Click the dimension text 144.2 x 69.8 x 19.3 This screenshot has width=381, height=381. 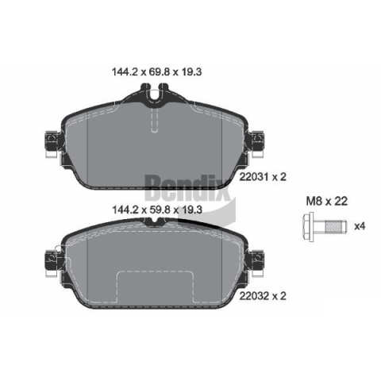157,71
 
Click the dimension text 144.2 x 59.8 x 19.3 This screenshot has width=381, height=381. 157,210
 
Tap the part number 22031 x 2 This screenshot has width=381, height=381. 263,177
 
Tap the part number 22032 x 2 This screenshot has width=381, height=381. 263,296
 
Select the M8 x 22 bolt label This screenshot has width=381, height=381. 327,202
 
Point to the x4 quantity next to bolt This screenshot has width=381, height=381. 360,226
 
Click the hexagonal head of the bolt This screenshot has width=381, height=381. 308,226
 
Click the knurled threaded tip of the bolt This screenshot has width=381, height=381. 336,226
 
